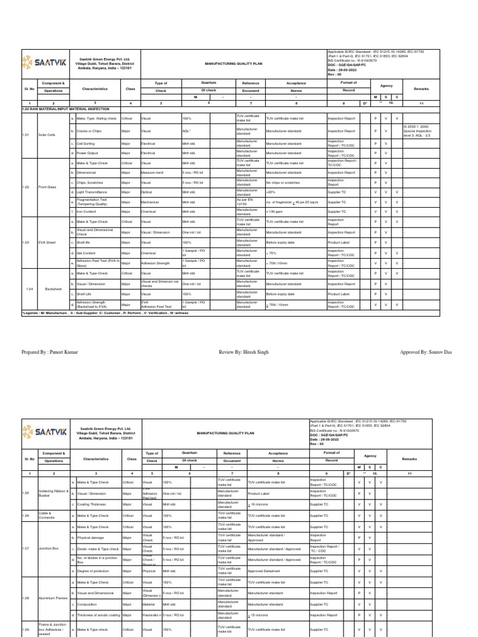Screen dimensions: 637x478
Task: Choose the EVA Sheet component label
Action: coord(47,242)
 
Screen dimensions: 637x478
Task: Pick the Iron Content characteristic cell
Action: coord(88,212)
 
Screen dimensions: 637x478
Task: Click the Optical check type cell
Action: coord(146,192)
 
